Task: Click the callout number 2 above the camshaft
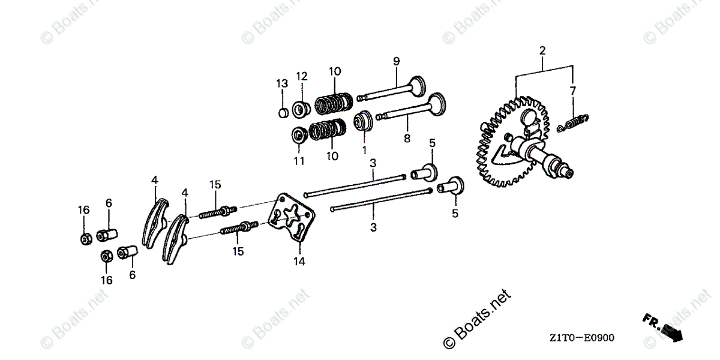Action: pos(542,51)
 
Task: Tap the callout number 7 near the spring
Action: pos(573,91)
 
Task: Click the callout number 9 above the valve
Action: pos(396,61)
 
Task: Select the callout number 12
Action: pos(301,76)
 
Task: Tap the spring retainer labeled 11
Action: pos(299,134)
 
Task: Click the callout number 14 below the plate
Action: pos(299,262)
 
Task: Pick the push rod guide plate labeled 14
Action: pos(292,217)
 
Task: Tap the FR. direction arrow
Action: pos(663,326)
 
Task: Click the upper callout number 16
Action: pos(83,209)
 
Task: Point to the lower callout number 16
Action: pos(106,280)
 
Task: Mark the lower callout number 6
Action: pos(132,275)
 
